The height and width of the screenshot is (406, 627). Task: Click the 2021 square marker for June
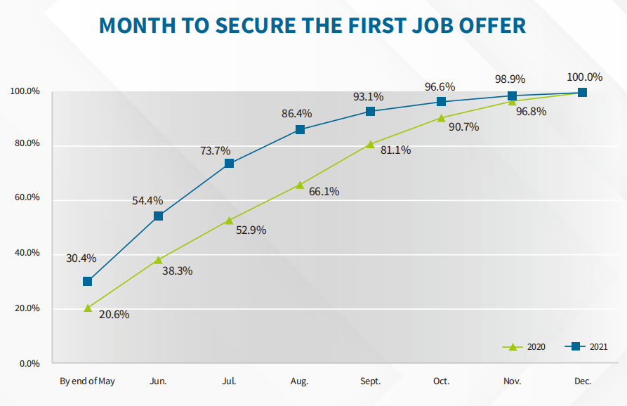pos(158,216)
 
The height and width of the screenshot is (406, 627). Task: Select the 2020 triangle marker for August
pos(300,185)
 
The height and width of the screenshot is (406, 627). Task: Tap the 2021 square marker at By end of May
pos(88,281)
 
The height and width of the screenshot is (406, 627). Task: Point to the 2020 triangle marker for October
pos(441,118)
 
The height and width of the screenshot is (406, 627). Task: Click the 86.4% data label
pos(296,113)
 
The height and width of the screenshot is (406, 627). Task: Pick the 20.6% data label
pos(114,315)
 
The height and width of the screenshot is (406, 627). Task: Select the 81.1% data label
pos(395,150)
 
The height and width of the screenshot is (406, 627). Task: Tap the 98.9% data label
pos(510,79)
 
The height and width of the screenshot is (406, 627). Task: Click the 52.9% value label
pos(251,230)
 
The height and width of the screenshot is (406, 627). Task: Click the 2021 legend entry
pos(588,347)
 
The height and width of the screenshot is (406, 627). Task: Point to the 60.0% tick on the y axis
pos(25,198)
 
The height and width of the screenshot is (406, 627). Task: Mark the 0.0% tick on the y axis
pos(29,364)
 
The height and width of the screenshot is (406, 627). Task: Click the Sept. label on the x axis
pos(370,381)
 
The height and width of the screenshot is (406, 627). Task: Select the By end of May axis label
pos(87,381)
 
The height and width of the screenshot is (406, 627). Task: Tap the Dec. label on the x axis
pos(582,381)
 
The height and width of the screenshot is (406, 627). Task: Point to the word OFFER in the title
pos(489,25)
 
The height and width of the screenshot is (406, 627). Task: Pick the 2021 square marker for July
pos(229,164)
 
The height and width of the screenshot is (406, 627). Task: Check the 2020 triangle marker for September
pos(370,145)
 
